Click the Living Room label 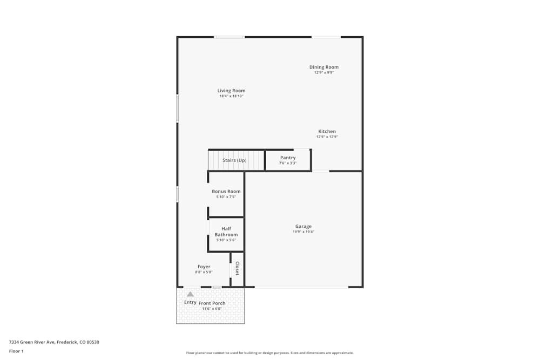pyautogui.click(x=231, y=91)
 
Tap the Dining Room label pyautogui.click(x=324, y=67)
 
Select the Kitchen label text pyautogui.click(x=327, y=132)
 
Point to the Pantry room pyautogui.click(x=288, y=160)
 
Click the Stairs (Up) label pyautogui.click(x=234, y=160)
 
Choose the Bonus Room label pyautogui.click(x=226, y=192)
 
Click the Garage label pyautogui.click(x=303, y=227)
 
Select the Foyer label pyautogui.click(x=204, y=267)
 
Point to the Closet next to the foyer pyautogui.click(x=237, y=268)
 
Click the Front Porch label pyautogui.click(x=212, y=303)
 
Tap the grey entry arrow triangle pyautogui.click(x=190, y=295)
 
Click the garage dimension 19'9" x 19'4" pyautogui.click(x=303, y=232)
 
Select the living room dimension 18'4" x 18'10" pyautogui.click(x=231, y=96)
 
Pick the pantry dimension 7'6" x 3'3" pyautogui.click(x=288, y=163)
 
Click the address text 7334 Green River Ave pyautogui.click(x=54, y=342)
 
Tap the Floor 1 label pyautogui.click(x=16, y=351)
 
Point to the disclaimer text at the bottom pyautogui.click(x=270, y=353)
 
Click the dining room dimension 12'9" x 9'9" pyautogui.click(x=324, y=72)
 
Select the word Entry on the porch pyautogui.click(x=190, y=302)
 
